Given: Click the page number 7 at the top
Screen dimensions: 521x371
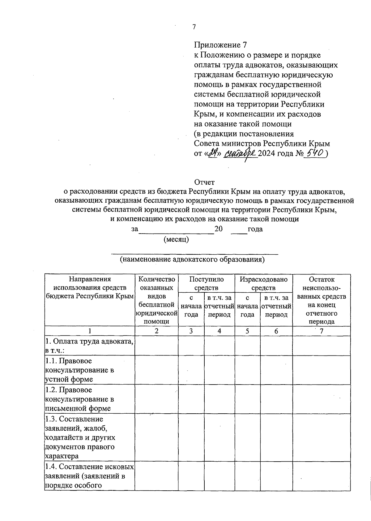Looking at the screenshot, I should point(194,27).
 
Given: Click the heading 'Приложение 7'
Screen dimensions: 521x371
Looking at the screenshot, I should point(220,45).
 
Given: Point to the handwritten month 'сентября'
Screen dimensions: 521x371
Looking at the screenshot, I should point(240,153).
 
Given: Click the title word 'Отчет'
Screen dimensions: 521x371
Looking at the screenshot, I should point(204,182).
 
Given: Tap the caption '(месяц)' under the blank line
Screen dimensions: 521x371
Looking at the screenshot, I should point(176,239).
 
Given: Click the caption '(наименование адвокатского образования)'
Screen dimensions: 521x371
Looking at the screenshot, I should point(192,259).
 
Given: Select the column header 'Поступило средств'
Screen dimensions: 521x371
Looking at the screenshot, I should point(206,283).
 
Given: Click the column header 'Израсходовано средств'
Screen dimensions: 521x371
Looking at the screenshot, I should point(263,283).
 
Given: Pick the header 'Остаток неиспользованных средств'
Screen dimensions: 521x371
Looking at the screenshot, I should point(322,300).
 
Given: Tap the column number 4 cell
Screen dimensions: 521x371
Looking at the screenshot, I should point(219,331).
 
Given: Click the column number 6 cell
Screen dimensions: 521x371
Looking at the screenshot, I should point(276,331).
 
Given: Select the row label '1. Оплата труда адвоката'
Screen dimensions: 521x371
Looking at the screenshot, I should point(89,346).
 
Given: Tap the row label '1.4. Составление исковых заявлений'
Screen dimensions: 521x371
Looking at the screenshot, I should point(89,476).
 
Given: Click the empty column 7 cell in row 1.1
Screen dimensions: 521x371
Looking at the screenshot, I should point(322,370).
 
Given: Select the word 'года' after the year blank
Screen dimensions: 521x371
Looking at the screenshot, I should point(255,229).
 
